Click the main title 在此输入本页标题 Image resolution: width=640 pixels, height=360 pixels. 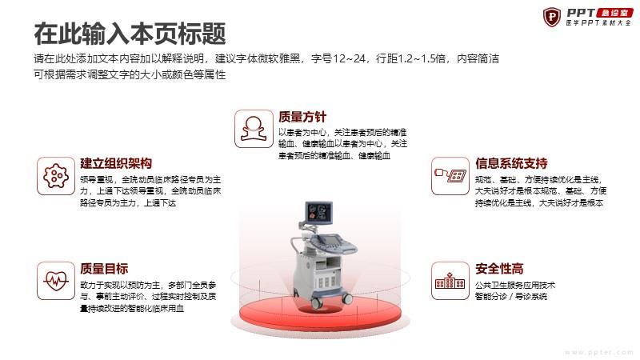coord(130,33)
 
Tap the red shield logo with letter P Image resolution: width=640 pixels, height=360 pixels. coord(552,17)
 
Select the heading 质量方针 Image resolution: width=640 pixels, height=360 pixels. coord(302,117)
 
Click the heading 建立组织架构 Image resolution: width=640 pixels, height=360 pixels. coord(116,163)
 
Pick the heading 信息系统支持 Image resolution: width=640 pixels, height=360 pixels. coord(511,163)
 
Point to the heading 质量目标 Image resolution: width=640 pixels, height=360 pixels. coord(104,269)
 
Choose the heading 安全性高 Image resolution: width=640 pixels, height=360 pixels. coord(499,269)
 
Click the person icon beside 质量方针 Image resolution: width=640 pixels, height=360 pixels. coord(254,129)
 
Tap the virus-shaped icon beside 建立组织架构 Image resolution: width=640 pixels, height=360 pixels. coord(56,176)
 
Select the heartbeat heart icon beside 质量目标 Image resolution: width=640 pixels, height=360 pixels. coord(56,281)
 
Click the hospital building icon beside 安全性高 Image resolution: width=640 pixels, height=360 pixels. coord(450,281)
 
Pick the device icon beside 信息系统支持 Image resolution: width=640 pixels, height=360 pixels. coord(450,175)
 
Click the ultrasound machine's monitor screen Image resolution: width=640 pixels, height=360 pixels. coord(318,212)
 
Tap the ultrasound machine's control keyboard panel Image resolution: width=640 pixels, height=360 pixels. coord(333,242)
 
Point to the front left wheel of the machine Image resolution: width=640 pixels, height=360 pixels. coord(315,303)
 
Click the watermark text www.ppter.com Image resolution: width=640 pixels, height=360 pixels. coord(598,352)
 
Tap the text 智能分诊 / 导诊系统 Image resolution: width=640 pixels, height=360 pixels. coord(511,297)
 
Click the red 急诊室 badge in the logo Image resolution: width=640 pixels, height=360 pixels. coord(614,13)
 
